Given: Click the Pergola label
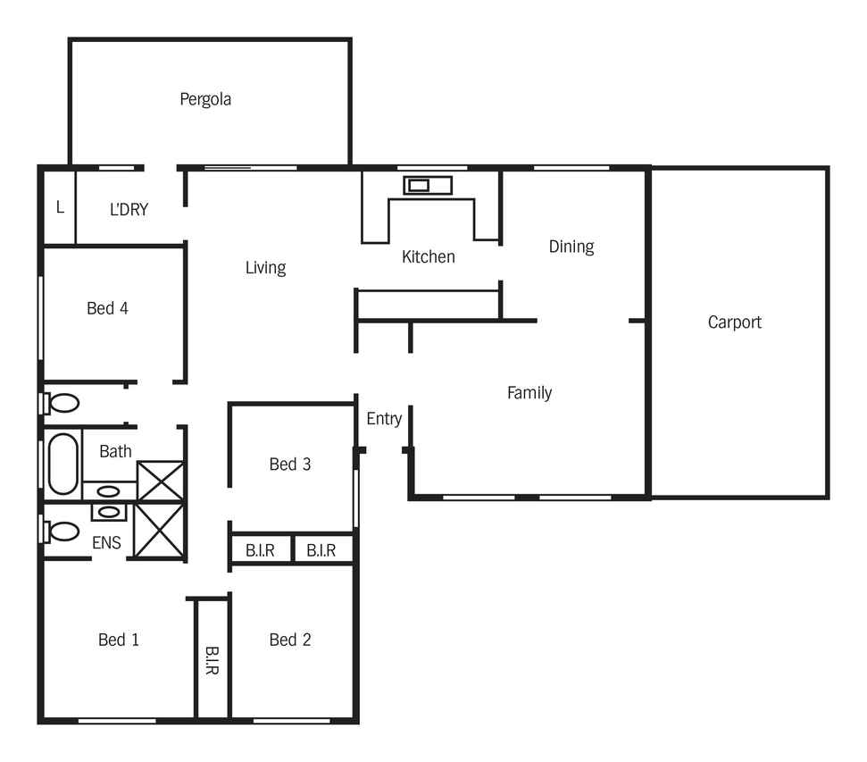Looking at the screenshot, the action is coord(205,100).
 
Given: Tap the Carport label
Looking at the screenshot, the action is coord(734,322).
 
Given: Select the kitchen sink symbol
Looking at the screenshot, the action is coord(428,186).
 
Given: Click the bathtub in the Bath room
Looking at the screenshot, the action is coord(63,464).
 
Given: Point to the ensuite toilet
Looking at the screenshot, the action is coord(60,532).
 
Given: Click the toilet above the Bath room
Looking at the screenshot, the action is coord(60,404).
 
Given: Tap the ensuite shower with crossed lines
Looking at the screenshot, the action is coord(159,531).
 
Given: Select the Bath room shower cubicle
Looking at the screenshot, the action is coord(161,481).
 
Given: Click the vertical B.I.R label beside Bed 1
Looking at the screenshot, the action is coord(213,660).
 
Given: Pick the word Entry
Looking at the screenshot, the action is coord(384,419).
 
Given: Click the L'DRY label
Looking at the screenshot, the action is coord(129,210).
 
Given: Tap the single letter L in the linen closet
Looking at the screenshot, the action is coord(60,207).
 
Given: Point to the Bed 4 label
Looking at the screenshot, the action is coord(107,308).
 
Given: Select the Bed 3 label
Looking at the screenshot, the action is coord(289,465).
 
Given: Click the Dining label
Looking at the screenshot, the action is coord(571,247).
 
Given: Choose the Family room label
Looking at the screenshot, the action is coord(529,393).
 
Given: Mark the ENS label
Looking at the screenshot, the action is coord(106,543).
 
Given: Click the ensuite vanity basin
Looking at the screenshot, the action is coord(108,512).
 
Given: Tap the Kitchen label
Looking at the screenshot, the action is coord(428,256).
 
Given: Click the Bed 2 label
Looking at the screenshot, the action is coord(289,640).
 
